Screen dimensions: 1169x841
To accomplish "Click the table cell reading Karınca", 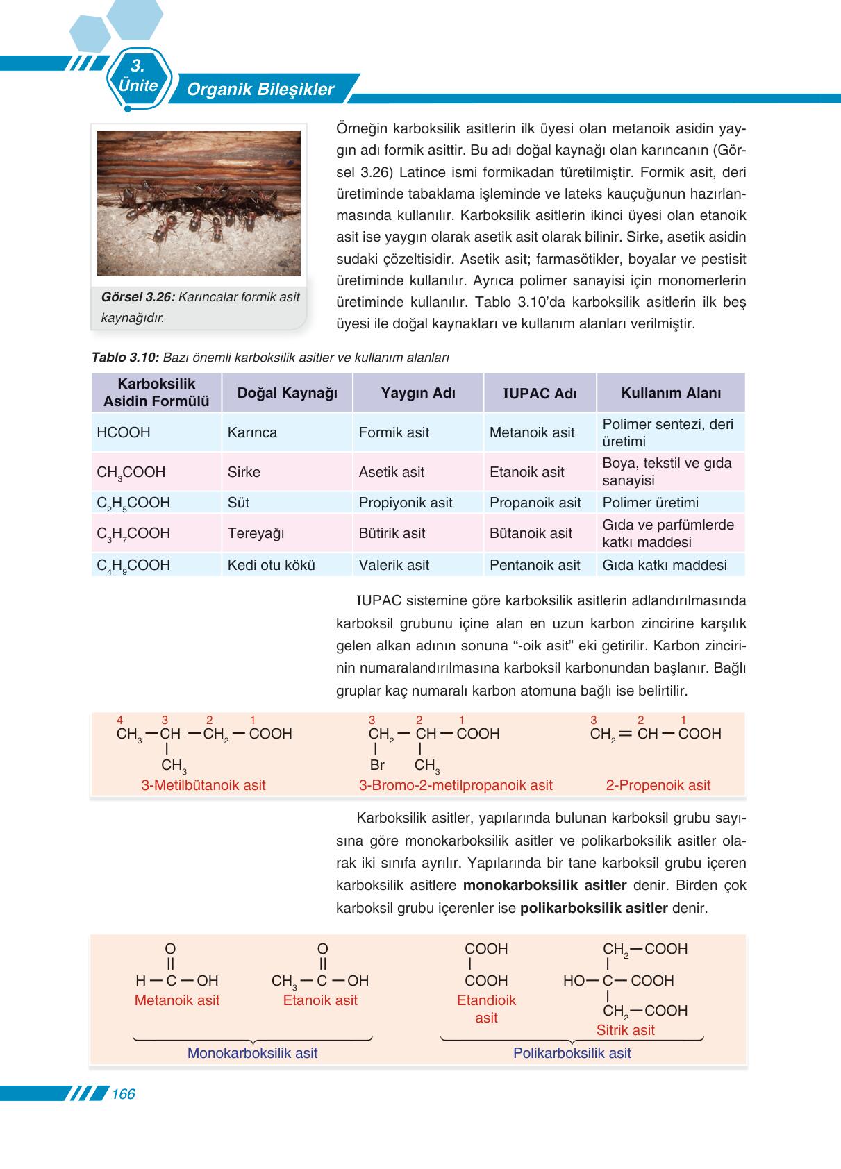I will click(x=252, y=432).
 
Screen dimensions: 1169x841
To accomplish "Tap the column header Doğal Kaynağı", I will click(x=287, y=393).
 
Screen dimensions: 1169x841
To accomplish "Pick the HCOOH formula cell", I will click(x=124, y=432).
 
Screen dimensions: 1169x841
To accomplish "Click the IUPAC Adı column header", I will click(x=540, y=394).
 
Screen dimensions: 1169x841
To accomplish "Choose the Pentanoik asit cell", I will click(x=534, y=565).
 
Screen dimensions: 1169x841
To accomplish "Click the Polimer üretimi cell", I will click(x=650, y=503).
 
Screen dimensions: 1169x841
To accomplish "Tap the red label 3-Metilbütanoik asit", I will click(x=203, y=785).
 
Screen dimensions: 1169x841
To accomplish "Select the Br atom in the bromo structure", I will click(x=377, y=765).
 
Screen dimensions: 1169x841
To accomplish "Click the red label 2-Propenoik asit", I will click(x=658, y=785).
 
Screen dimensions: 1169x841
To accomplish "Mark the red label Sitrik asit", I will click(x=625, y=1030).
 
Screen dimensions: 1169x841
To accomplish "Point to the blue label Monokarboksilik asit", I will click(x=252, y=1053).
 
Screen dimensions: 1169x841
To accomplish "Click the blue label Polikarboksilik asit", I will click(x=572, y=1053).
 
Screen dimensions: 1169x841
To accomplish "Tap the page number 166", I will click(x=123, y=1094).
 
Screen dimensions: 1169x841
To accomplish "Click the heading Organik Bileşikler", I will click(x=260, y=90).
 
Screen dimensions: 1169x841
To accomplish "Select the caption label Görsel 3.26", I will click(x=137, y=297).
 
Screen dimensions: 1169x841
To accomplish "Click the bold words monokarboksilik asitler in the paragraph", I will click(x=544, y=885).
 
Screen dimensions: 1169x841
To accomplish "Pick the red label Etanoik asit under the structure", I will click(x=319, y=1000).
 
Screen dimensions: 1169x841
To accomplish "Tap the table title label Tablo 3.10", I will click(x=126, y=358).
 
